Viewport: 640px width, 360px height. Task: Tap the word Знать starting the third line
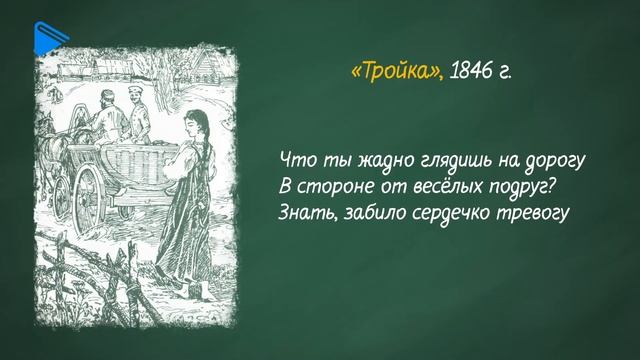click(302, 214)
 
